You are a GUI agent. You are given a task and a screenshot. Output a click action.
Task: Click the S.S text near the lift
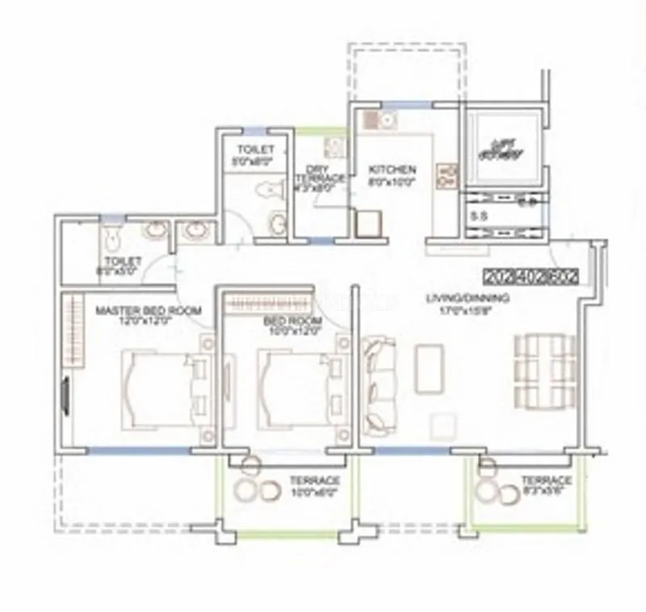(479, 216)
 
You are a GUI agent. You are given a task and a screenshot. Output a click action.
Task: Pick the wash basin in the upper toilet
(277, 221)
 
